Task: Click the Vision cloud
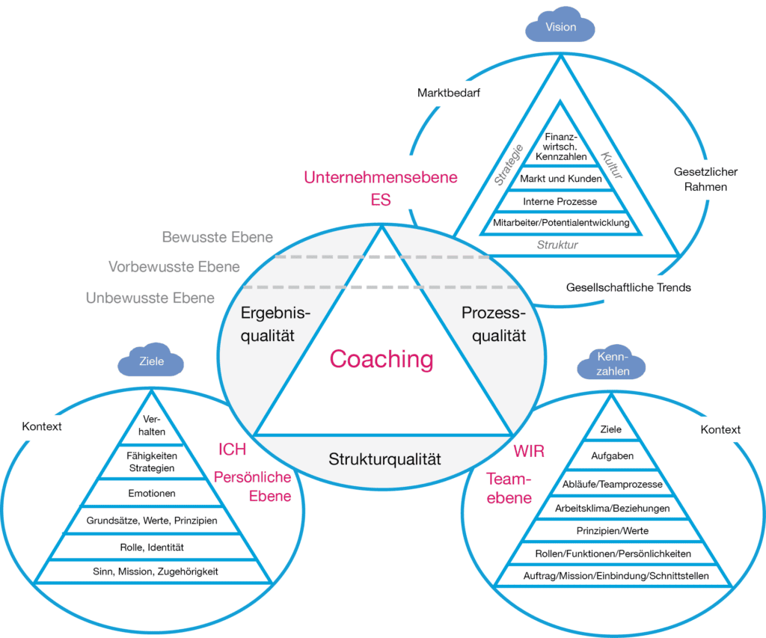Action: click(x=560, y=28)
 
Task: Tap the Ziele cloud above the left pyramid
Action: click(x=151, y=361)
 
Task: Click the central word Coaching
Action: click(x=382, y=359)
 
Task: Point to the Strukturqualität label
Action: click(x=384, y=458)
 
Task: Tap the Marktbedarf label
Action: click(x=448, y=94)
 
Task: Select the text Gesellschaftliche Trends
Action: click(x=628, y=287)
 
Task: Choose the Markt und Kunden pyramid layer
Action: click(x=560, y=180)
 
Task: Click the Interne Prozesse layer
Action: click(x=560, y=201)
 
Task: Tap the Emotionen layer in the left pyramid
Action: click(x=152, y=494)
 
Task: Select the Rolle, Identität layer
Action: click(x=152, y=547)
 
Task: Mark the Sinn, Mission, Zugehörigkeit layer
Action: click(x=152, y=572)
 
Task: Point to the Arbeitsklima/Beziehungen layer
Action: click(x=612, y=509)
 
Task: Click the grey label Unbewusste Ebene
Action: click(x=150, y=298)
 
